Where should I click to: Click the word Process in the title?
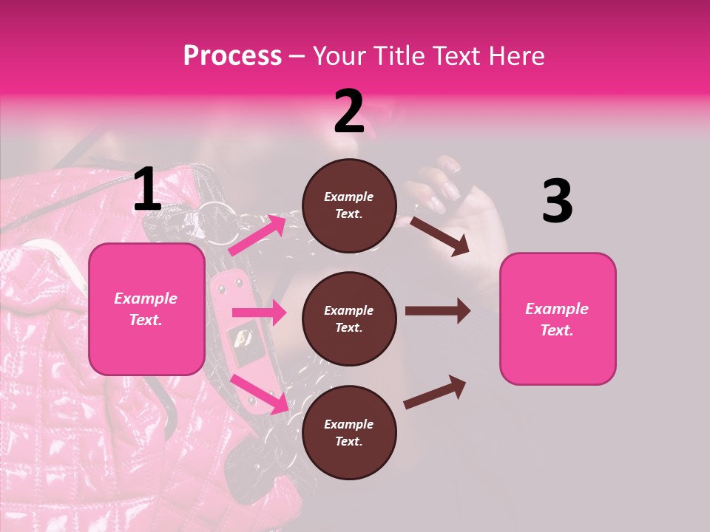(x=232, y=56)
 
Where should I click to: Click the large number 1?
(x=147, y=190)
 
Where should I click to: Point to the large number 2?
(x=349, y=112)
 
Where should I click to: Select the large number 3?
(x=557, y=202)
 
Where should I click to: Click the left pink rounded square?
(x=146, y=309)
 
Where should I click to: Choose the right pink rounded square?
(x=558, y=318)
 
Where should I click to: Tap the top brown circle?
(x=349, y=205)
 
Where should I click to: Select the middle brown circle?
(x=349, y=318)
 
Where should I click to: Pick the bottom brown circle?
(x=349, y=432)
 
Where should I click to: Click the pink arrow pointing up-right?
(x=257, y=235)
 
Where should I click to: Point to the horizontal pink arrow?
(x=259, y=313)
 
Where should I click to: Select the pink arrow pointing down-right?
(x=260, y=394)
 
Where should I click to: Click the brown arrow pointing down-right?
(x=439, y=236)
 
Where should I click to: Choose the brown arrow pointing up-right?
(x=435, y=392)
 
